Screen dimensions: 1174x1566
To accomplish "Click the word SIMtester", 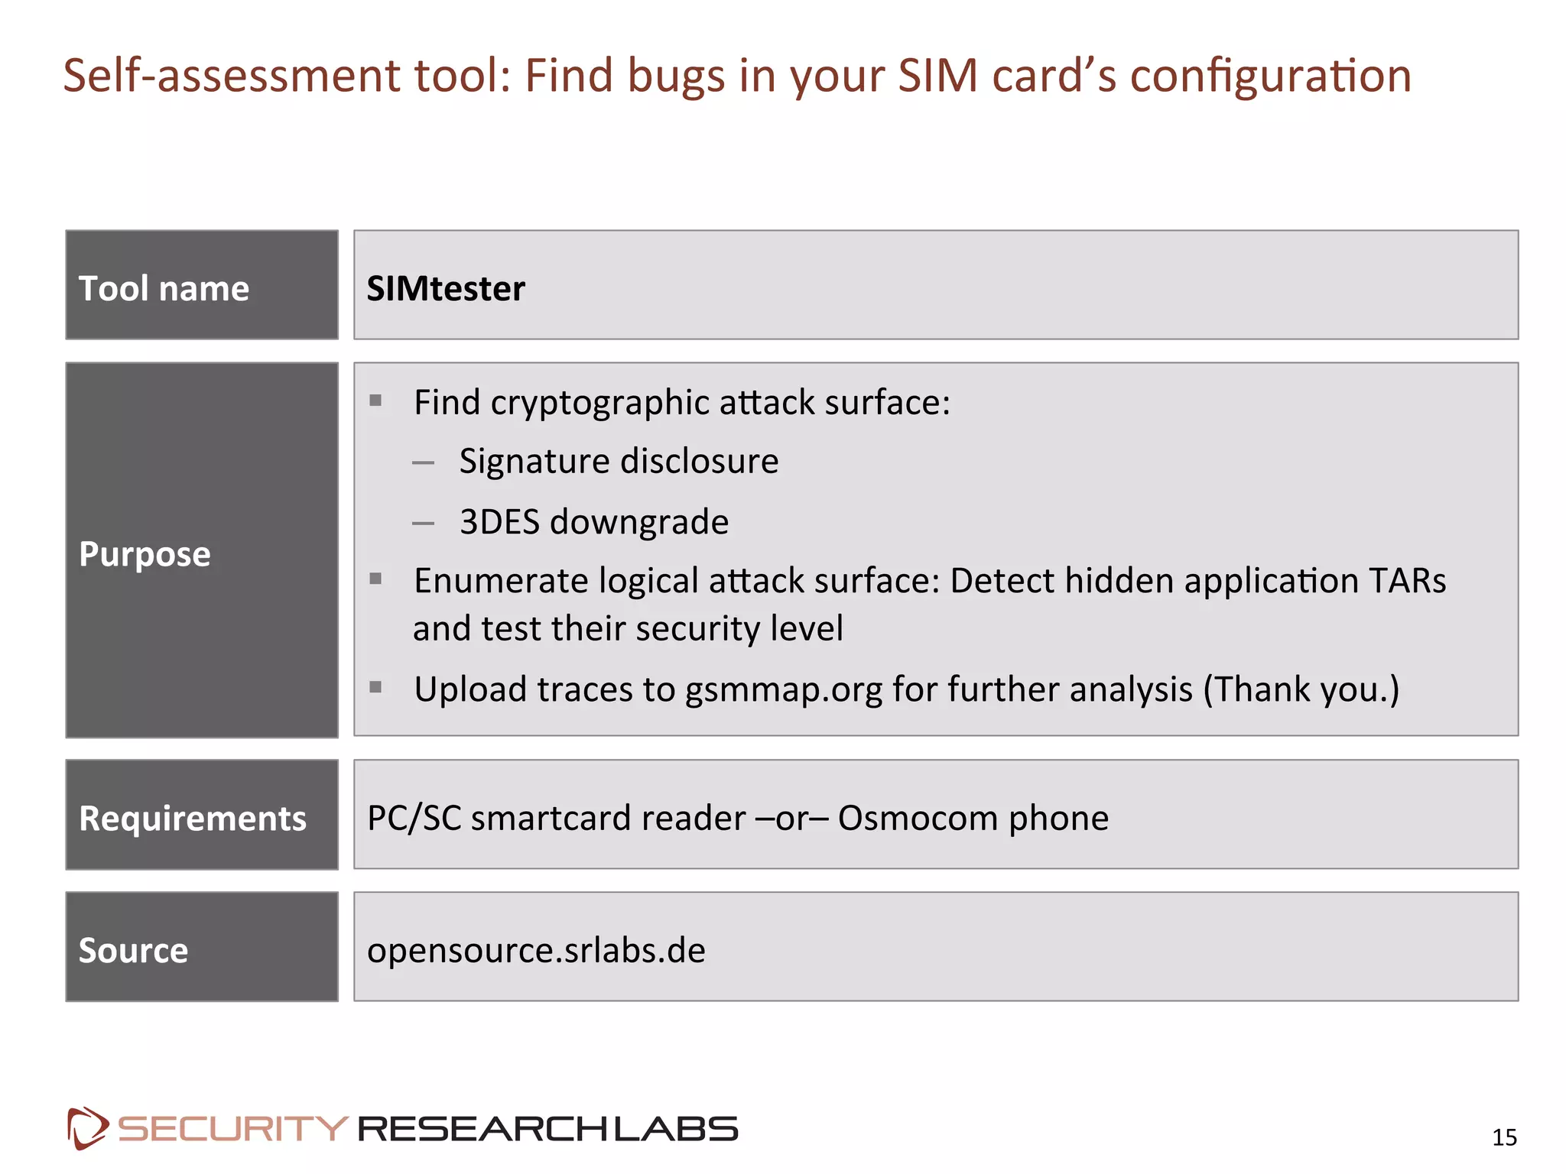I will (446, 289).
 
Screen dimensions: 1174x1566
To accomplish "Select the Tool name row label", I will (164, 289).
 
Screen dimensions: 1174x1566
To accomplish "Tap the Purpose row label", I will (145, 554).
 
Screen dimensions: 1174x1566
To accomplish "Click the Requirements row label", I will (193, 819).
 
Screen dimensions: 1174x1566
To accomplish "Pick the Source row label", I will (133, 951).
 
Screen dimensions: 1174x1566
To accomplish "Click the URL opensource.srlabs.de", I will (536, 951).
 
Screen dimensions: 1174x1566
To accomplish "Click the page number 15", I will (1504, 1137).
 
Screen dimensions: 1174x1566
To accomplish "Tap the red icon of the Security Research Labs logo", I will (87, 1128).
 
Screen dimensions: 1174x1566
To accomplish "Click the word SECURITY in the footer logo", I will (232, 1129).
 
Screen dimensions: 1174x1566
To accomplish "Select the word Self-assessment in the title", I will (232, 76).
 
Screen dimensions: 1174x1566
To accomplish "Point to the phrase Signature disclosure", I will (619, 462).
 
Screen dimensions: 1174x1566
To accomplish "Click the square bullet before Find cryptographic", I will (375, 401).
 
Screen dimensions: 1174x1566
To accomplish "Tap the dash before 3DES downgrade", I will (423, 524).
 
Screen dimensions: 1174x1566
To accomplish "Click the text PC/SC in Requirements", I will (414, 819).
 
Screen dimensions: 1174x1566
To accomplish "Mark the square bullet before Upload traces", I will (375, 687).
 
